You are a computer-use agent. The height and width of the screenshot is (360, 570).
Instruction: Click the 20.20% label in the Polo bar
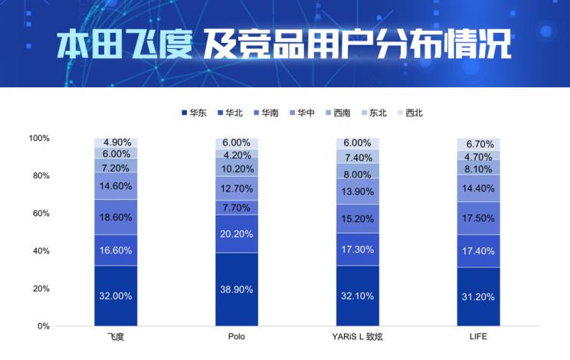pyautogui.click(x=237, y=234)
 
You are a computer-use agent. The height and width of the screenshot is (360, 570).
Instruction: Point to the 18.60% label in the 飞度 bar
pyautogui.click(x=115, y=218)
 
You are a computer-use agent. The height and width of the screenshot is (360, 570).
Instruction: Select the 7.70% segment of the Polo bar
pyautogui.click(x=237, y=208)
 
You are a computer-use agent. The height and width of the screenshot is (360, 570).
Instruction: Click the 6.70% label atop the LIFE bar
pyautogui.click(x=478, y=144)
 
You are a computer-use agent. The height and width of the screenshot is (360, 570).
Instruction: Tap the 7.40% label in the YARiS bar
pyautogui.click(x=357, y=157)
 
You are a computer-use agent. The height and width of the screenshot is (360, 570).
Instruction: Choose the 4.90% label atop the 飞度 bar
pyautogui.click(x=115, y=142)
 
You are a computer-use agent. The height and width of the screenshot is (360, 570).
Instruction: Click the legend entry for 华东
pyautogui.click(x=193, y=113)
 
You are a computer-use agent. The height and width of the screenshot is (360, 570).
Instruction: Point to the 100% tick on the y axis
pyautogui.click(x=38, y=139)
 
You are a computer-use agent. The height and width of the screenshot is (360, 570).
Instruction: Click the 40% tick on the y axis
pyautogui.click(x=40, y=251)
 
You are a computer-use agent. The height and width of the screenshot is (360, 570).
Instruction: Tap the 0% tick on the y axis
pyautogui.click(x=43, y=326)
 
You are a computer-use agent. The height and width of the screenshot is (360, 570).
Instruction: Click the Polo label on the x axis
pyautogui.click(x=237, y=338)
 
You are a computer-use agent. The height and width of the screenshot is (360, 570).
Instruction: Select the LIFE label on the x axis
pyautogui.click(x=478, y=338)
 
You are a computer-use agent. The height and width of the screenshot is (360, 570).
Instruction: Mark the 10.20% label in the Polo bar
pyautogui.click(x=237, y=169)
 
